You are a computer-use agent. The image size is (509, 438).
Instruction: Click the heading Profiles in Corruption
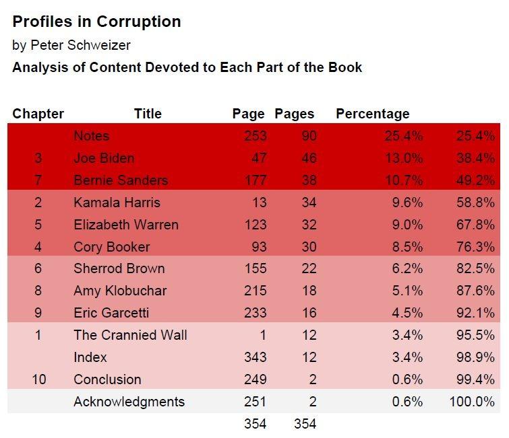(96, 22)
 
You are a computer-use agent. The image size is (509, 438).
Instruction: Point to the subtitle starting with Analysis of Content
(187, 68)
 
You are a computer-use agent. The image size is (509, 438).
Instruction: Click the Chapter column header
(38, 114)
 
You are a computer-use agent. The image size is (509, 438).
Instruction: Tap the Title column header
(148, 114)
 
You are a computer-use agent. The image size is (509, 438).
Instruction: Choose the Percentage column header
(372, 114)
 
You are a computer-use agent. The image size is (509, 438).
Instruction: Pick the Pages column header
(295, 114)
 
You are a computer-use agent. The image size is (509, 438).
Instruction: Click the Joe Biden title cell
(104, 158)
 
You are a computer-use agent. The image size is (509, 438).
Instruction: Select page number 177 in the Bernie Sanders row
(254, 180)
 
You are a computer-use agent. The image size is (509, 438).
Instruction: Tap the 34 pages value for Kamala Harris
(308, 203)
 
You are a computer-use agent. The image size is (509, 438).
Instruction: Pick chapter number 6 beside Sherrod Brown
(38, 268)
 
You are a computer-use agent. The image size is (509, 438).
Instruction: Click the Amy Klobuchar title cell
(120, 291)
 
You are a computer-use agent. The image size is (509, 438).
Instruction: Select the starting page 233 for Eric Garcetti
(254, 313)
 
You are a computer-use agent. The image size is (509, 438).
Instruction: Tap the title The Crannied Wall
(130, 335)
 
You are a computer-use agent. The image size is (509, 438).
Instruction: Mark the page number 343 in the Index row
(254, 357)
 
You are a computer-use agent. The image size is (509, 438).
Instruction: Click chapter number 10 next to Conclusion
(38, 379)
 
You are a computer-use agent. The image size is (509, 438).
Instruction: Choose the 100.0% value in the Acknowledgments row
(472, 402)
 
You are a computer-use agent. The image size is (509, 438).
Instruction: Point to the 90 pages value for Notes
(308, 136)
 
